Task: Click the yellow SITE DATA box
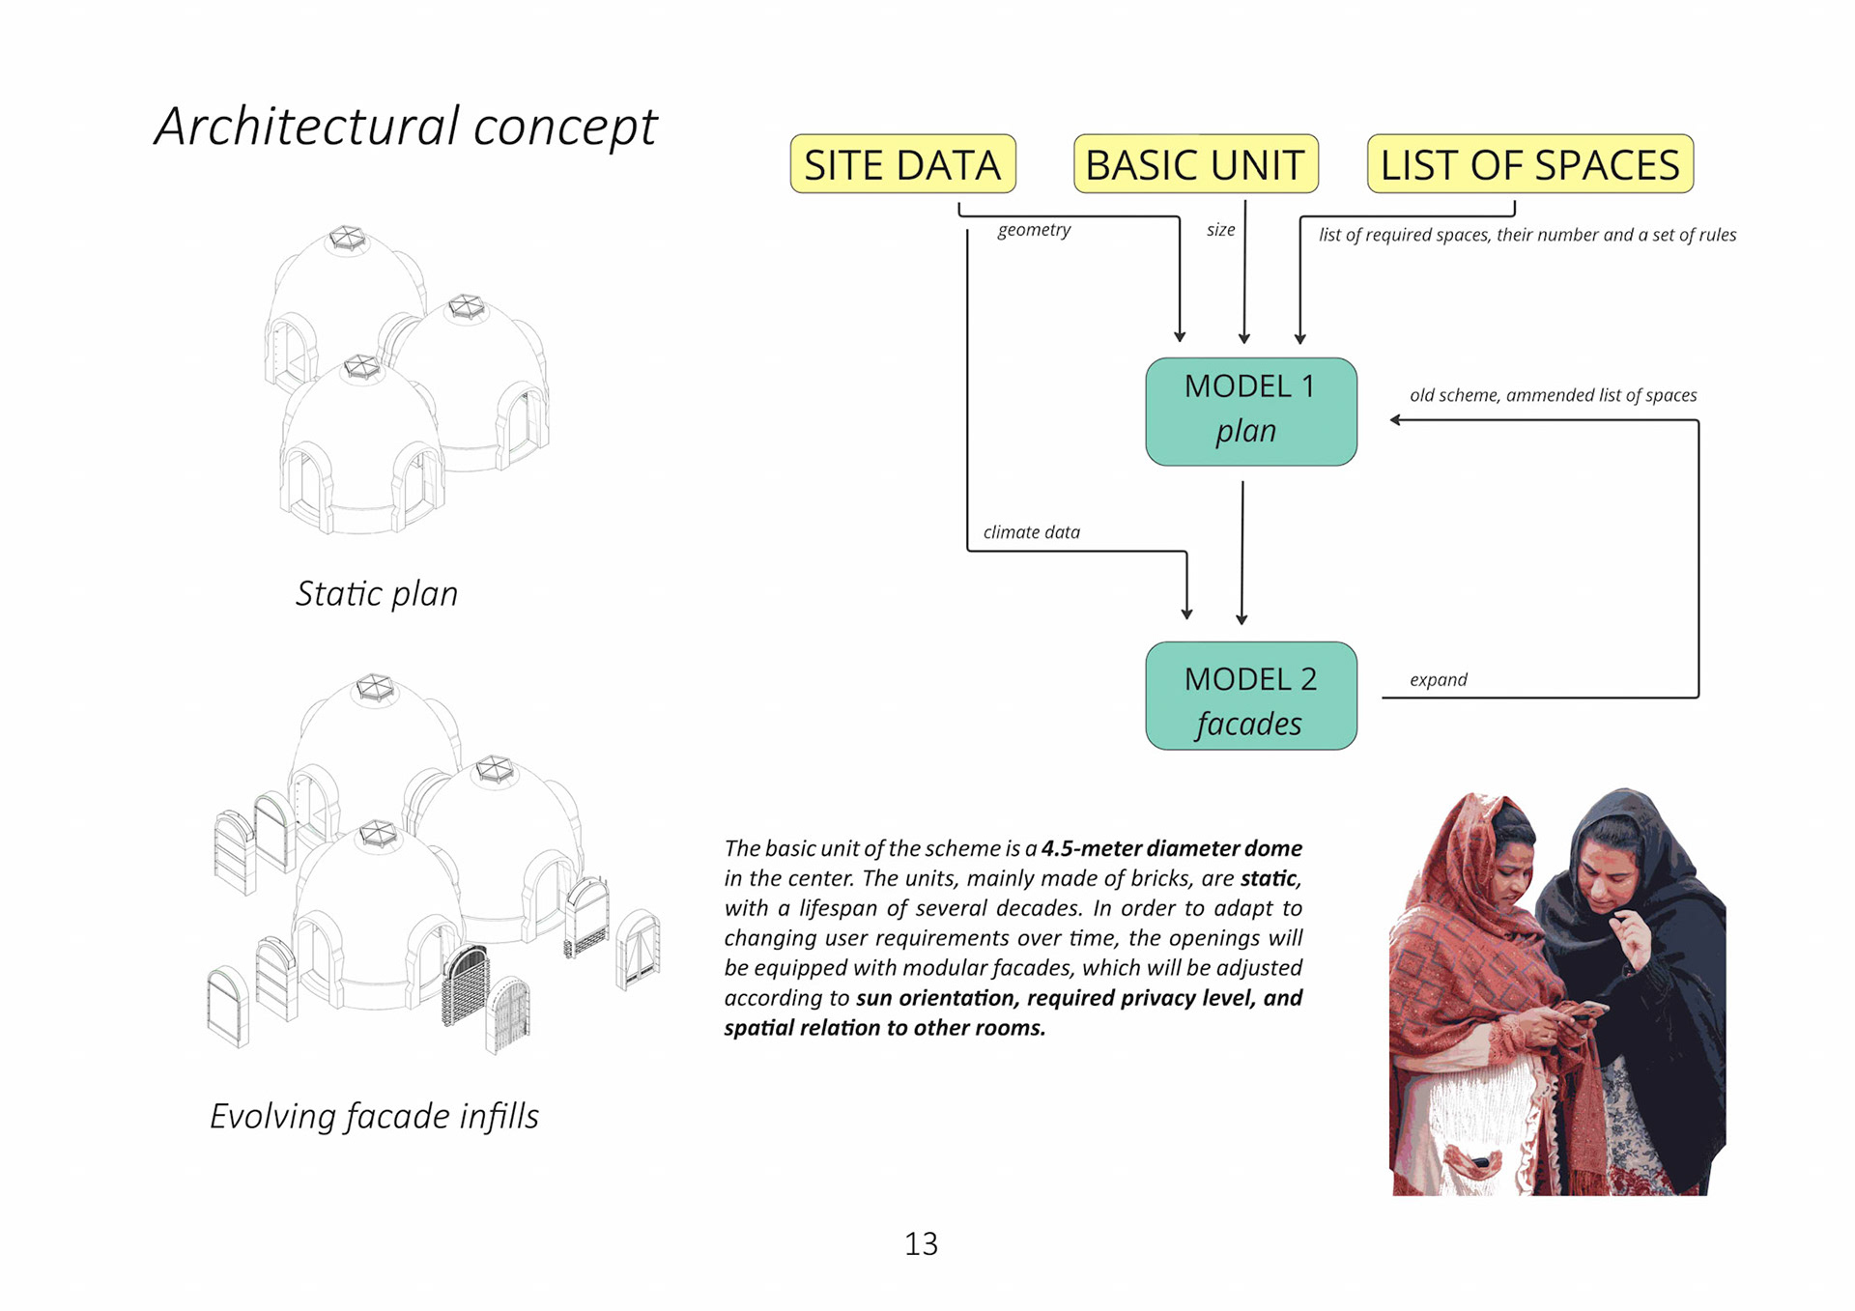tap(902, 164)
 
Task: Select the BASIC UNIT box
tap(1195, 164)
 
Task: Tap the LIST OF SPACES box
tap(1529, 164)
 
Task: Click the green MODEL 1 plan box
tap(1250, 412)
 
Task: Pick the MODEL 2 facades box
tap(1250, 696)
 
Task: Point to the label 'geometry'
tap(1034, 230)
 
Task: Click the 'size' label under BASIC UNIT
tap(1220, 230)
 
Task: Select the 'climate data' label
tap(1031, 532)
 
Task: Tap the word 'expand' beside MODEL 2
tap(1438, 679)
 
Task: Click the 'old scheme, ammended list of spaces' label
tap(1553, 395)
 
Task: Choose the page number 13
tap(921, 1243)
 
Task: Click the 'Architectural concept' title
tap(406, 127)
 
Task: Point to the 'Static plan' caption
tap(377, 593)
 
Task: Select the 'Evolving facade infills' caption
tap(374, 1116)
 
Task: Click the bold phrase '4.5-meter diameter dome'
tap(1171, 848)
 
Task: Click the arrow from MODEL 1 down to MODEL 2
tap(1242, 551)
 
